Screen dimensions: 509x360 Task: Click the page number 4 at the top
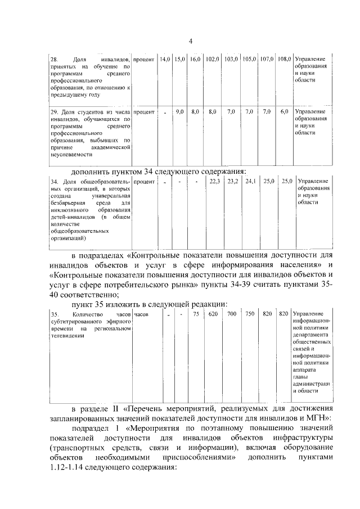pyautogui.click(x=191, y=41)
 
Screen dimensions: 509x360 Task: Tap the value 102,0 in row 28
pyautogui.click(x=212, y=59)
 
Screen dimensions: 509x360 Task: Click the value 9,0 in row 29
pyautogui.click(x=180, y=112)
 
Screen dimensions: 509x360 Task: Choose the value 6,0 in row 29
pyautogui.click(x=285, y=112)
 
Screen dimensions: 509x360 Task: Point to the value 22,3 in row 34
pyautogui.click(x=214, y=181)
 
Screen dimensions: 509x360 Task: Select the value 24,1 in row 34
pyautogui.click(x=250, y=181)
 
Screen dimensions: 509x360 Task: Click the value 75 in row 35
pyautogui.click(x=195, y=313)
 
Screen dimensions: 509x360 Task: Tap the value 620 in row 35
pyautogui.click(x=213, y=313)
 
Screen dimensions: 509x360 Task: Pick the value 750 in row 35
pyautogui.click(x=250, y=313)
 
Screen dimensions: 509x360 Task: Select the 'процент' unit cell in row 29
pyautogui.click(x=145, y=112)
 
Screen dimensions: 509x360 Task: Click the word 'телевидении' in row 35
pyautogui.click(x=67, y=335)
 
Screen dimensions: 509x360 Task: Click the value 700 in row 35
pyautogui.click(x=231, y=313)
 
